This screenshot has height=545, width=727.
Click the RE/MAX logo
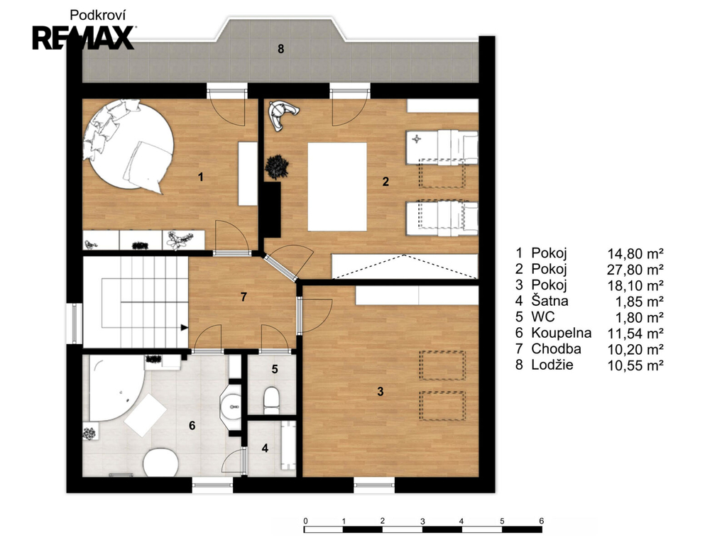click(84, 38)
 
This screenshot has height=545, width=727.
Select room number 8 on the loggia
click(280, 49)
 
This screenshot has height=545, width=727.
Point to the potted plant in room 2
click(278, 166)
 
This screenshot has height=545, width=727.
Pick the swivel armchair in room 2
click(282, 113)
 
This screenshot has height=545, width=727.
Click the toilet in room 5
click(271, 400)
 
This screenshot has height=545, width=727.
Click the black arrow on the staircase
click(184, 328)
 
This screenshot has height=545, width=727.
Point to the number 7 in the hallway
click(244, 297)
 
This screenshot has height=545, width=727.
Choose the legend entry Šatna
click(550, 301)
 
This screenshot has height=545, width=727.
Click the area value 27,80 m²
click(635, 269)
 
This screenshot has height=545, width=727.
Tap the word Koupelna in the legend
click(562, 333)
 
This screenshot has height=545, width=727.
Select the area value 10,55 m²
click(635, 365)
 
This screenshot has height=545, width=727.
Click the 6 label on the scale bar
click(542, 521)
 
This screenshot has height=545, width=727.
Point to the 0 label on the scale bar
click(305, 521)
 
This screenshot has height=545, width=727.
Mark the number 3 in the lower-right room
click(381, 392)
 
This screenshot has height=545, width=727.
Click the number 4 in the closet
click(265, 448)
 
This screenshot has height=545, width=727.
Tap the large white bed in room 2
click(337, 187)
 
